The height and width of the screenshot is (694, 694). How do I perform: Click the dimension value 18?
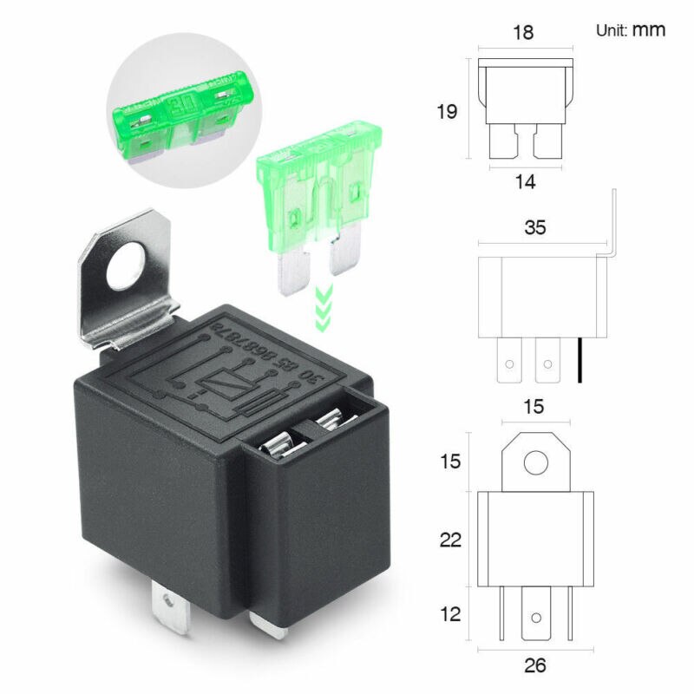523,33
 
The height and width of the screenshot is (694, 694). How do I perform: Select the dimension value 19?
447,112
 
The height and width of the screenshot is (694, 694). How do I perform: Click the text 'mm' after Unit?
648,29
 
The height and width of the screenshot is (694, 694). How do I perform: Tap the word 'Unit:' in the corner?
611,30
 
